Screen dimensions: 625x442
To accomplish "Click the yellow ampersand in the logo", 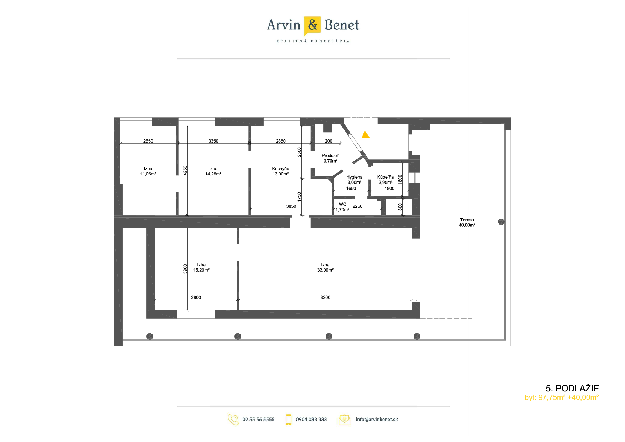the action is pyautogui.click(x=312, y=25).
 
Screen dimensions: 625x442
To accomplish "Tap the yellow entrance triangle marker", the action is pyautogui.click(x=366, y=135).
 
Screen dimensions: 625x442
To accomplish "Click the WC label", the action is pyautogui.click(x=342, y=204).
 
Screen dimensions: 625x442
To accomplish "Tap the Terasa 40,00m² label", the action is pyautogui.click(x=467, y=222).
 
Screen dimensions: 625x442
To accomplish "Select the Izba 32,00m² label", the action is pyautogui.click(x=325, y=267).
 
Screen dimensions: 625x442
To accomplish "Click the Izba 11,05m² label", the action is pyautogui.click(x=148, y=171).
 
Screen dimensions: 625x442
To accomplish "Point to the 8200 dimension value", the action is pyautogui.click(x=325, y=297).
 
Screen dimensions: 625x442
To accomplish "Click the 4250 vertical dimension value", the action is pyautogui.click(x=185, y=170).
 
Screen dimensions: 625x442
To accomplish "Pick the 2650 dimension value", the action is pyautogui.click(x=148, y=141).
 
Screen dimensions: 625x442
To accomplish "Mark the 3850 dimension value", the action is pyautogui.click(x=291, y=206).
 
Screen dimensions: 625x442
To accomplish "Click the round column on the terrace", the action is pyautogui.click(x=501, y=222).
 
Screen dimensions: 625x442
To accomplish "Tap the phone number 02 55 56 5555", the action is pyautogui.click(x=258, y=420).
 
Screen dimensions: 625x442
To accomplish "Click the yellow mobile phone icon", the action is pyautogui.click(x=289, y=420).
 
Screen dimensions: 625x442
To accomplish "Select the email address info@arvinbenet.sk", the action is pyautogui.click(x=377, y=420).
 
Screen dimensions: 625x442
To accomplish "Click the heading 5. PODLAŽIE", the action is pyautogui.click(x=572, y=388).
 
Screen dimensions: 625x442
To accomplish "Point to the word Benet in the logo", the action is pyautogui.click(x=342, y=25).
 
